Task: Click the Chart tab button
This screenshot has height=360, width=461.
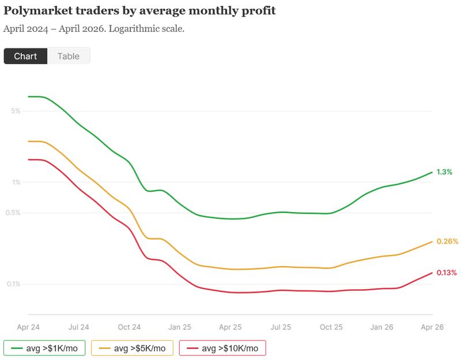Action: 25,56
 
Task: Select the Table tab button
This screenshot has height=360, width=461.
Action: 69,56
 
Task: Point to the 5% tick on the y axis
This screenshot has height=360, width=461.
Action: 16,111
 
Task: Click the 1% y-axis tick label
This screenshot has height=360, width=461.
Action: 16,183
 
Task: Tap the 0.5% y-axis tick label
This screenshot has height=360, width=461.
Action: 14,213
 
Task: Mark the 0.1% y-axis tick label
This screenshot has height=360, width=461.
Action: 14,284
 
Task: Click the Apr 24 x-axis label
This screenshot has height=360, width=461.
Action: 29,327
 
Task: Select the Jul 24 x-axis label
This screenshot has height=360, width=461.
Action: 79,327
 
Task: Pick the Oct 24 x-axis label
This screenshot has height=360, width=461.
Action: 129,327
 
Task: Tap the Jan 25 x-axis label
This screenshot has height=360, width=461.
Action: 180,327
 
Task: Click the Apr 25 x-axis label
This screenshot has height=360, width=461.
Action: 231,327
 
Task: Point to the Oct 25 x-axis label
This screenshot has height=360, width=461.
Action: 331,327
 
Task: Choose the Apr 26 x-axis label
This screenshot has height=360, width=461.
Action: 432,327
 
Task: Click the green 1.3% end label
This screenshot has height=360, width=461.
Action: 444,172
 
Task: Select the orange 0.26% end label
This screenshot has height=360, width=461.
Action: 447,241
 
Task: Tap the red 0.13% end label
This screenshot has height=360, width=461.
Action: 447,272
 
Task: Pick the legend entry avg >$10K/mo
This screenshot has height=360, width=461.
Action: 222,348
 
